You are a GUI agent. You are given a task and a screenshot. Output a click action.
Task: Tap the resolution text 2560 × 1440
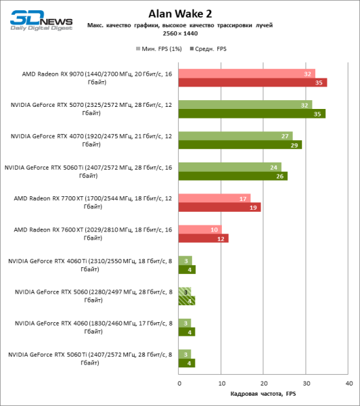(x=180, y=32)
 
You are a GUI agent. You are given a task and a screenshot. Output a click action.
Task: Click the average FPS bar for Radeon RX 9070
(x=253, y=83)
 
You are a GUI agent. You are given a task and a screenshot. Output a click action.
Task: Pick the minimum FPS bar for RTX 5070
(x=246, y=105)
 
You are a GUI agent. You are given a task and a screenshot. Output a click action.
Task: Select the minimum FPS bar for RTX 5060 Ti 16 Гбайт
(x=230, y=167)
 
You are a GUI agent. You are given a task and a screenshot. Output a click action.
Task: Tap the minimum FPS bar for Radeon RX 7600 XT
(x=200, y=229)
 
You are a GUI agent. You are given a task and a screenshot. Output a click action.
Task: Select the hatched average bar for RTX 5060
(x=187, y=300)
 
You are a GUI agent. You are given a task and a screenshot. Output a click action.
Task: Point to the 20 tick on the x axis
(x=264, y=384)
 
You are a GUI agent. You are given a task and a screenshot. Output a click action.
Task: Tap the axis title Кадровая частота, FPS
(x=265, y=394)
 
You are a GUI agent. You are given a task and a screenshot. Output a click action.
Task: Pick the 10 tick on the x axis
(x=221, y=384)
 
